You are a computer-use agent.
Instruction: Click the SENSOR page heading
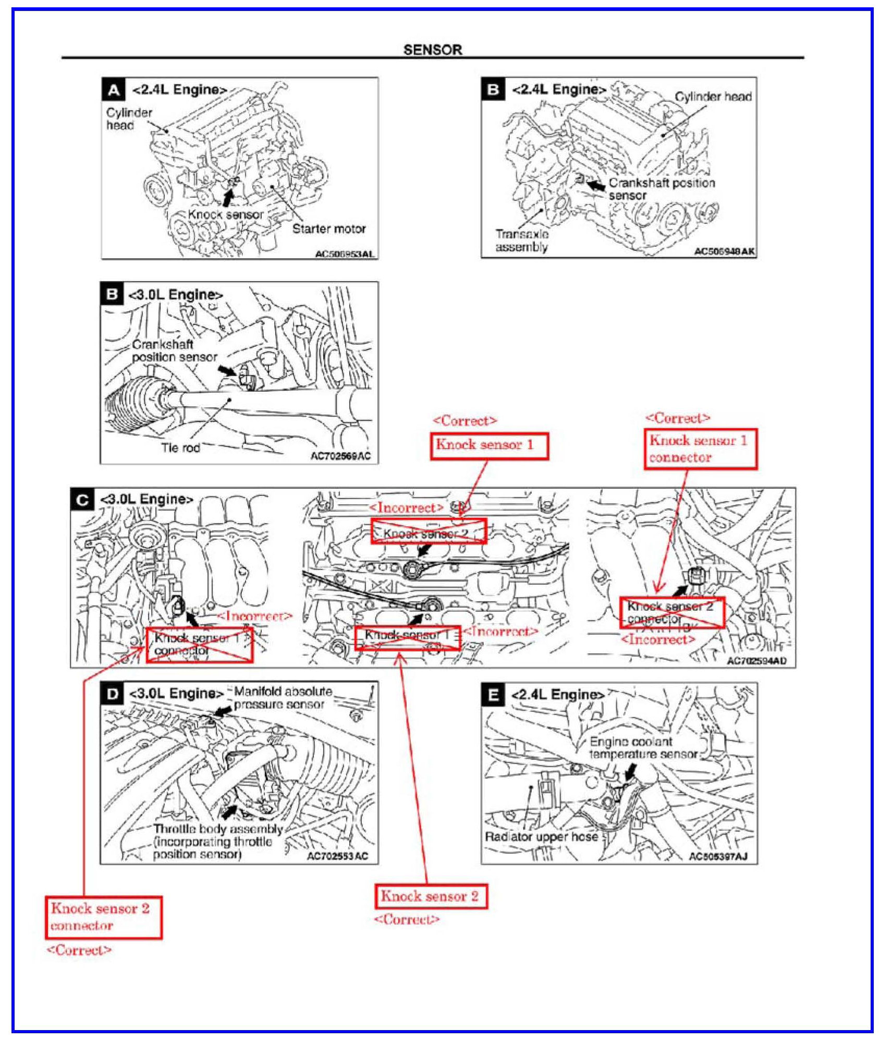432,50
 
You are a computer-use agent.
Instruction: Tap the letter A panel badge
113,90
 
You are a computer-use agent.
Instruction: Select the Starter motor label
328,228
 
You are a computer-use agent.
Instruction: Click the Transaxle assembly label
521,240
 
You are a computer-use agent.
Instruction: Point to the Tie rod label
180,448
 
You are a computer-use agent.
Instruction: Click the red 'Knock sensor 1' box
489,445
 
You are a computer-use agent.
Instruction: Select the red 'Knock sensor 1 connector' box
700,449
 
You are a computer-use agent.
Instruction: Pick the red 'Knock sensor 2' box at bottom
431,897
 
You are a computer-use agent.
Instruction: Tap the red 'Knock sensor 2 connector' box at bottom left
103,917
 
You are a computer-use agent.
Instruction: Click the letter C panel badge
82,500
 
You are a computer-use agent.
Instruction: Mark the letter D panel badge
112,694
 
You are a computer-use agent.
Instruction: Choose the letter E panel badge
493,695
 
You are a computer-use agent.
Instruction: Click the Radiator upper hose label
541,837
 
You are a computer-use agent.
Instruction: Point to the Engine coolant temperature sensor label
643,748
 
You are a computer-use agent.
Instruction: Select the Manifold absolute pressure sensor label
283,698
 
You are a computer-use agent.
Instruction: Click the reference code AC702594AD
756,661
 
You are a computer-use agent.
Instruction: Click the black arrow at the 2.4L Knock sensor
228,198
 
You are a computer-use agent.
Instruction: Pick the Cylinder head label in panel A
129,119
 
